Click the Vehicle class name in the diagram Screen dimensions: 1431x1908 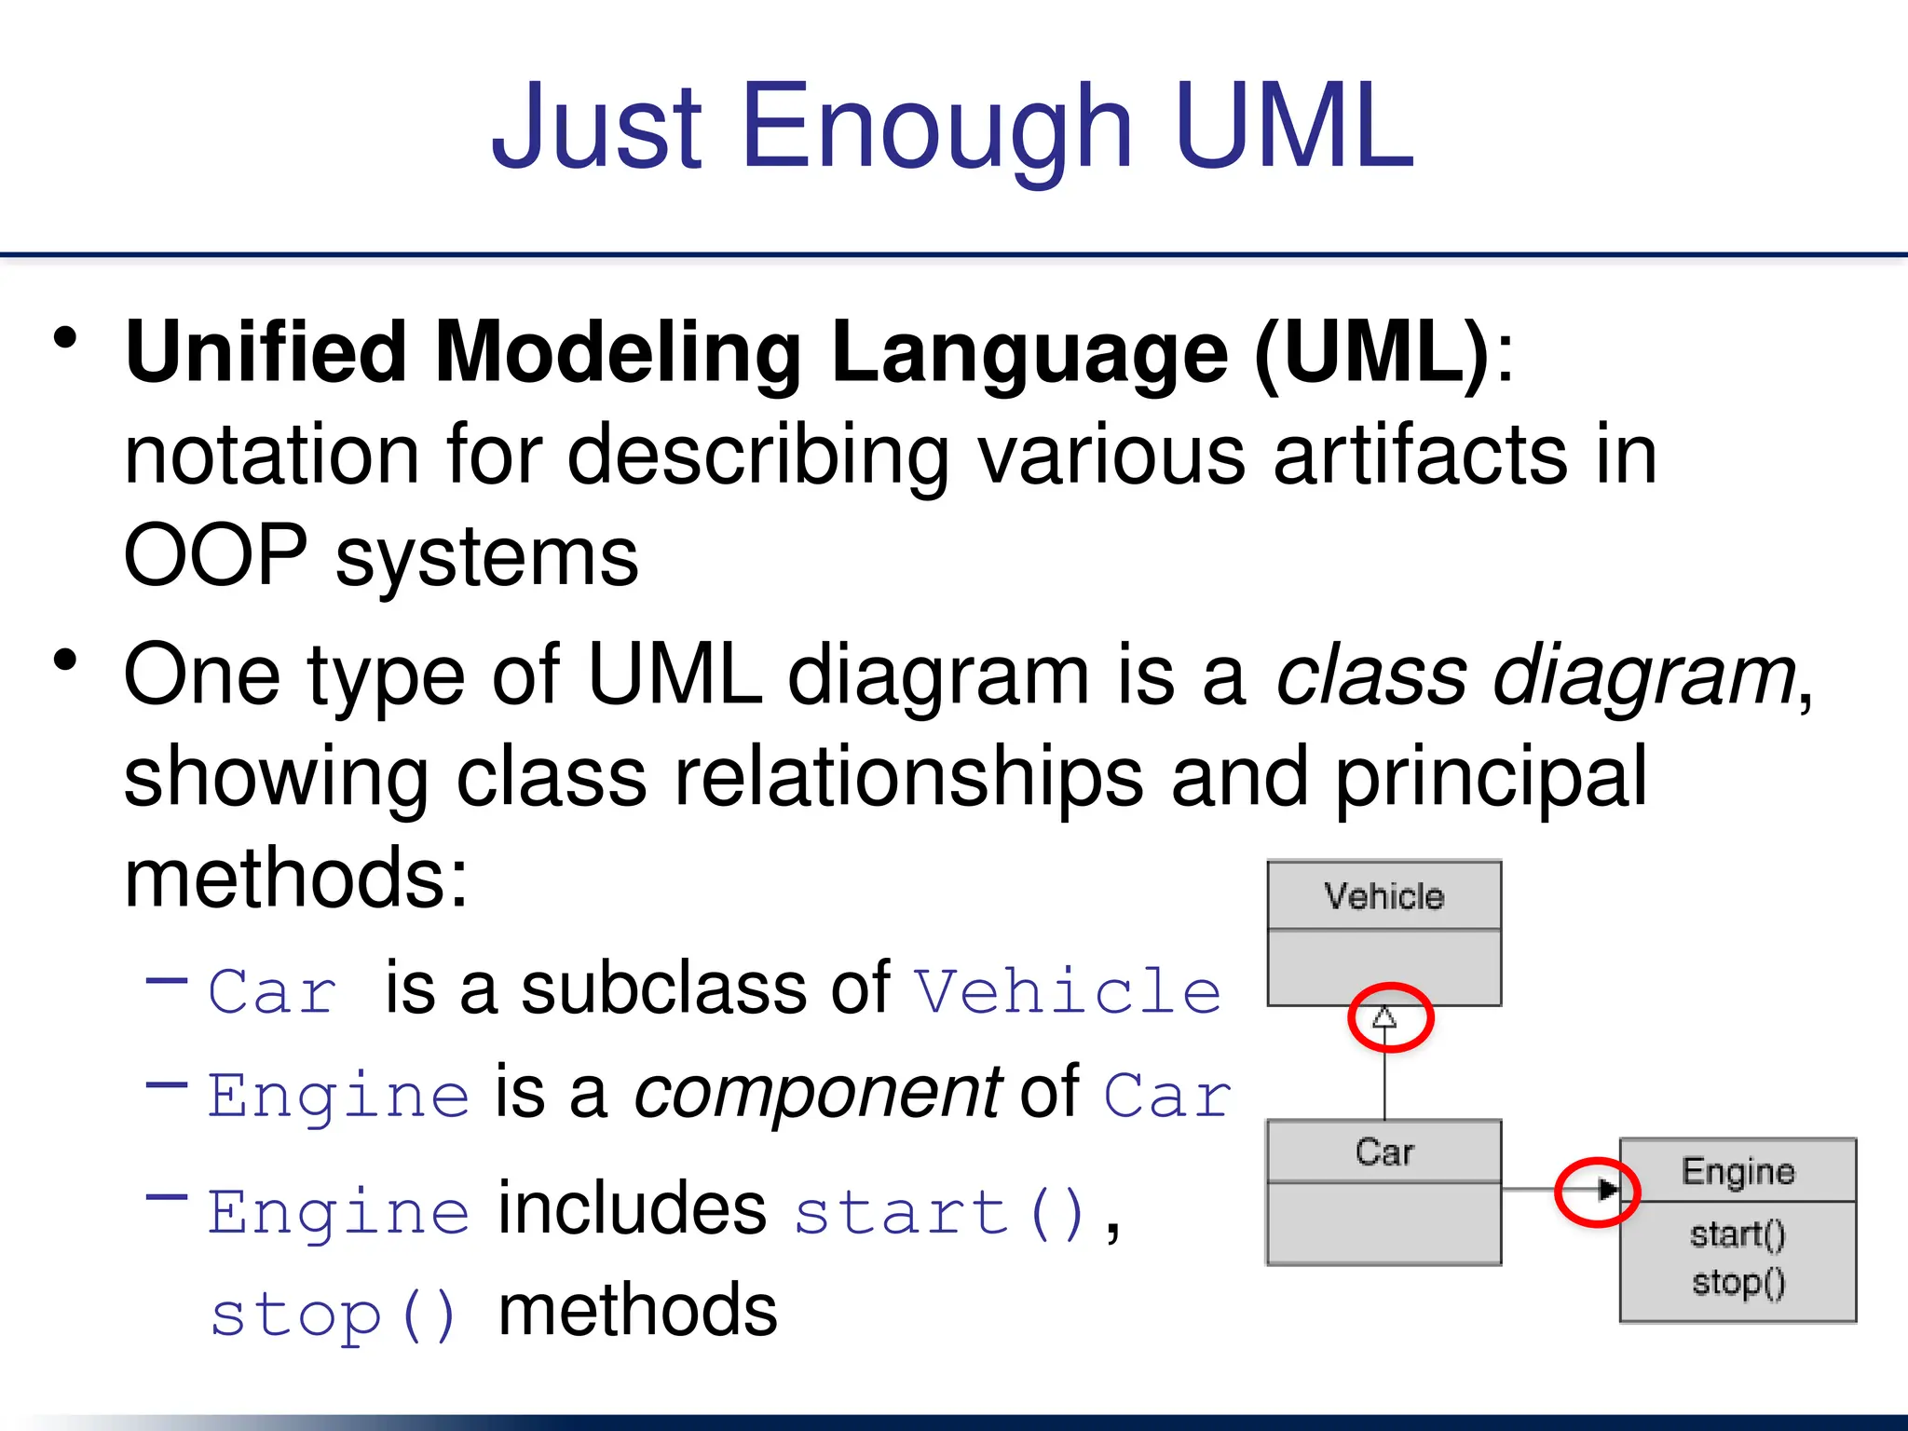(1384, 896)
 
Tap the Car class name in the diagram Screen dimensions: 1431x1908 (1384, 1152)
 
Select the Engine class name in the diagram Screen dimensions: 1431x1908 (1738, 1171)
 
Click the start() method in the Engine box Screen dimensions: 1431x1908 (1738, 1234)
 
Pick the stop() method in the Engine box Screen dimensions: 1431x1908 (1738, 1283)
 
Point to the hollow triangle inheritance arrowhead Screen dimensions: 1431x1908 (1385, 1016)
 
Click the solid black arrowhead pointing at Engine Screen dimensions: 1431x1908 (1607, 1190)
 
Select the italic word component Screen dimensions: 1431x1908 (817, 1093)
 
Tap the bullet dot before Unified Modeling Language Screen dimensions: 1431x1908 (65, 338)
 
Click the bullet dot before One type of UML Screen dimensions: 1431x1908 (65, 661)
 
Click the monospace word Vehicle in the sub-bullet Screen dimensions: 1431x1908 (1068, 991)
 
